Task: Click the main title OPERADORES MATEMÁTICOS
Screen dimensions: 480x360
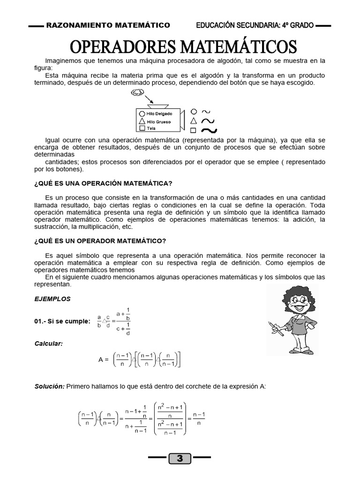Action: click(183, 47)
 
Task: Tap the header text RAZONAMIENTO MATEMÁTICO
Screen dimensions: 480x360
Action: click(108, 25)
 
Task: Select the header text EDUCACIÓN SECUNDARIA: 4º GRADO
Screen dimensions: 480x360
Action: click(255, 25)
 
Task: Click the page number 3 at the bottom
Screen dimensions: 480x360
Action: click(180, 458)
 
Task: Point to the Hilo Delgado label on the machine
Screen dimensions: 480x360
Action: click(159, 113)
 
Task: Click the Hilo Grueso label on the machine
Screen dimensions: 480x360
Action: click(158, 121)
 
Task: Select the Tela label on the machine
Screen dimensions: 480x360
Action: click(150, 128)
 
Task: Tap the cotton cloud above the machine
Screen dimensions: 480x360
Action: click(137, 93)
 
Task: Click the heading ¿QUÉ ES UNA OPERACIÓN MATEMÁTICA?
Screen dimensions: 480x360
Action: click(104, 182)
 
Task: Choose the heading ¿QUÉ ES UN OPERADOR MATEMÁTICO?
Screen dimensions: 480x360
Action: click(100, 240)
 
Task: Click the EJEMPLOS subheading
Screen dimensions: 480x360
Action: click(52, 298)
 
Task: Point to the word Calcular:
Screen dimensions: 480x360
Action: click(49, 344)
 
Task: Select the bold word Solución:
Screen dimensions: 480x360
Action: click(50, 386)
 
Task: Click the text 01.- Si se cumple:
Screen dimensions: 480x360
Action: click(62, 321)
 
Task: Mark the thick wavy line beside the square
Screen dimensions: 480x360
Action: click(209, 130)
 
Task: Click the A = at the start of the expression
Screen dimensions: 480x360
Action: click(104, 360)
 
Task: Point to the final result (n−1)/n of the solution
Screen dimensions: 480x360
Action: click(200, 418)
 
